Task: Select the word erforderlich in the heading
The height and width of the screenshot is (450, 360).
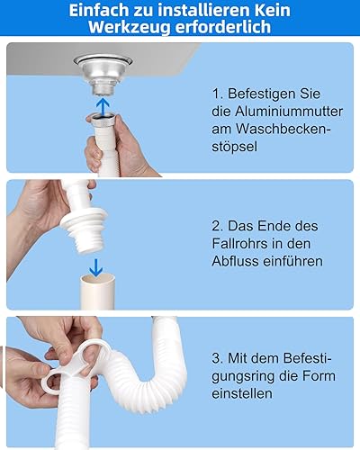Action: tap(223, 26)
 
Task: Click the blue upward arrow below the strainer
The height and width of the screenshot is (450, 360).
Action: tap(103, 106)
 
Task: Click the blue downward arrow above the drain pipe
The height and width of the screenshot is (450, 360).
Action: tap(95, 267)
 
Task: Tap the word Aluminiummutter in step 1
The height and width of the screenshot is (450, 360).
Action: tap(289, 112)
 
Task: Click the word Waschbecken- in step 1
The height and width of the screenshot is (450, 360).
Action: tap(283, 129)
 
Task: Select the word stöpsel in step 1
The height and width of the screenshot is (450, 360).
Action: tap(234, 147)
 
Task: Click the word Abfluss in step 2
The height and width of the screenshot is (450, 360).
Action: tap(235, 261)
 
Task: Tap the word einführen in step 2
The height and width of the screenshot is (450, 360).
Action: tap(292, 261)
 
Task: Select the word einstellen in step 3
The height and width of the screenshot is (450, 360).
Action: tap(242, 393)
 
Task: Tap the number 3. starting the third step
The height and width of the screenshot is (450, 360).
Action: tap(217, 358)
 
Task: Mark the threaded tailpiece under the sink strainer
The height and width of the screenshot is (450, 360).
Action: tap(103, 87)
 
